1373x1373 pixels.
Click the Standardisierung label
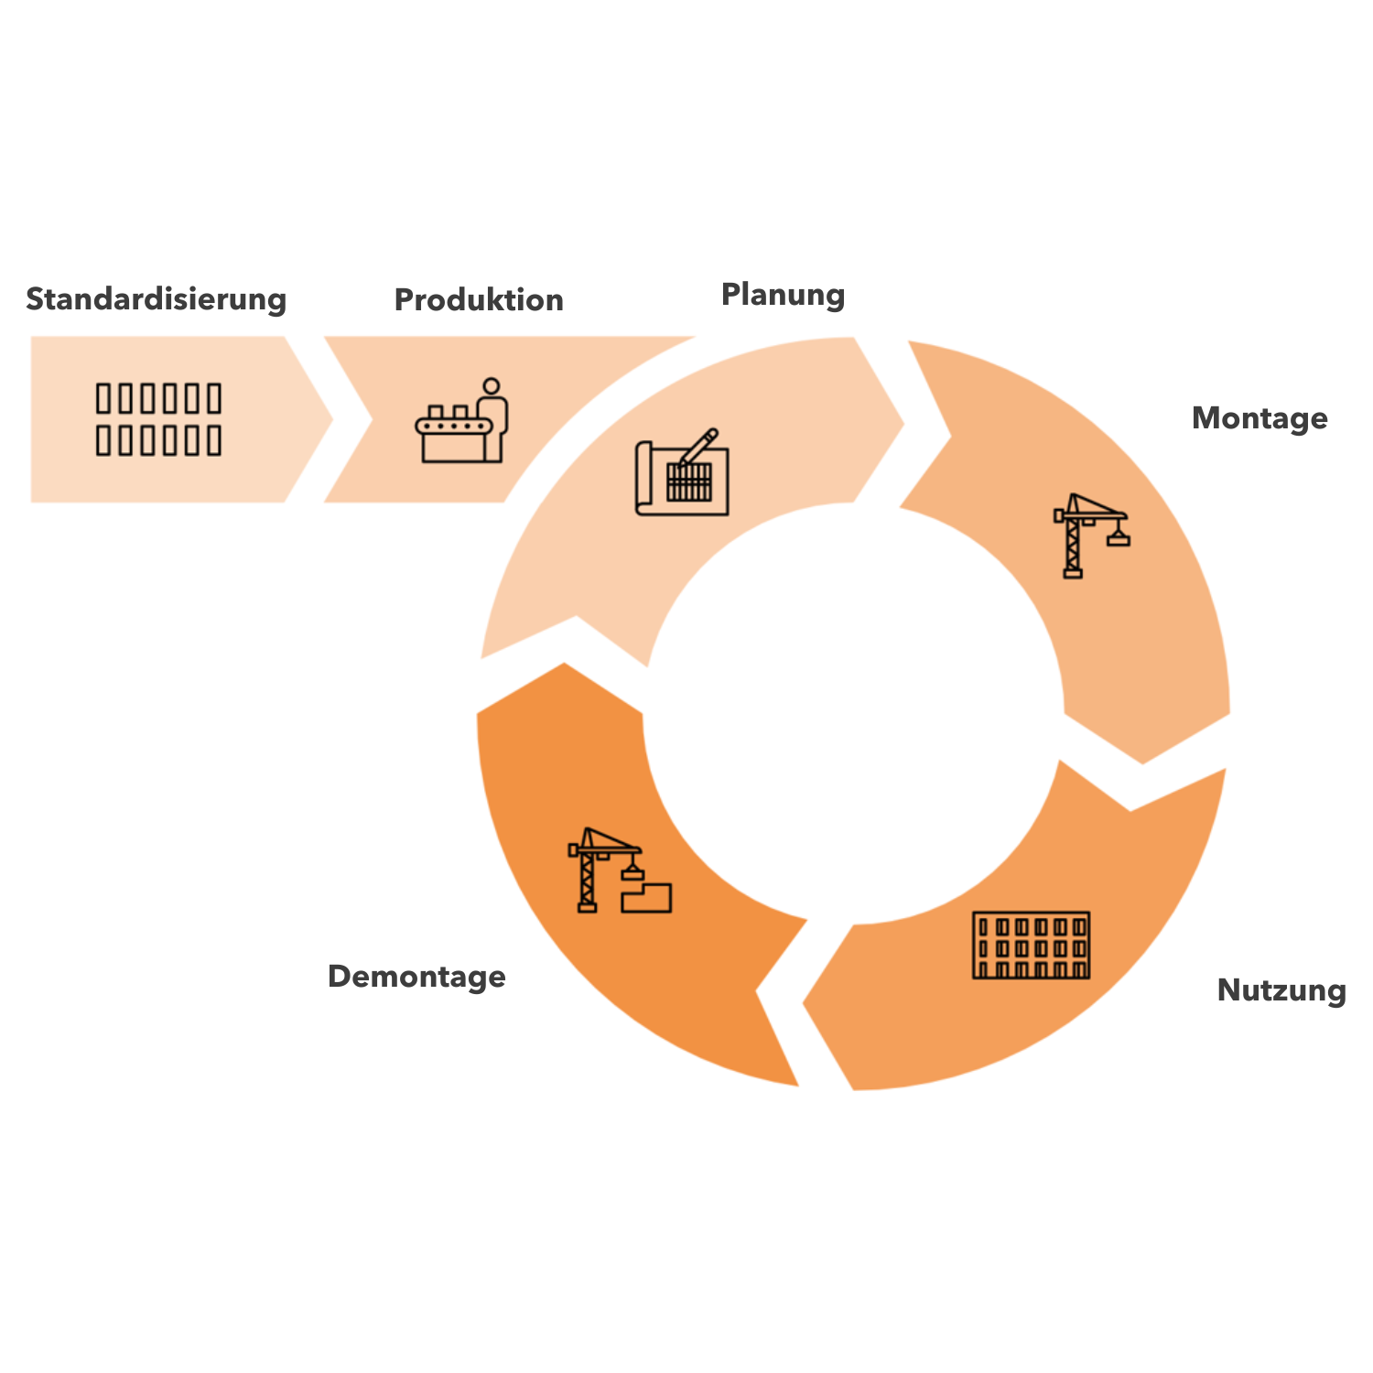[157, 299]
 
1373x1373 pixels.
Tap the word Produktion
[479, 299]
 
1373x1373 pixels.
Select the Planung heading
[783, 295]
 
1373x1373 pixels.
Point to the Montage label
[1259, 418]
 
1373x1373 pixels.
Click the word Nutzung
[1281, 990]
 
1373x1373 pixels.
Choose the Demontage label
[416, 976]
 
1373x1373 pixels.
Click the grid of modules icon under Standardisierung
[158, 420]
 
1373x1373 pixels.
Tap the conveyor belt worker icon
[461, 420]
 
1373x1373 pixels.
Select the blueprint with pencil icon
[682, 471]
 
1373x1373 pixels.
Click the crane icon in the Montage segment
[1091, 535]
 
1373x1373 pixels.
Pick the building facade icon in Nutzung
[1031, 945]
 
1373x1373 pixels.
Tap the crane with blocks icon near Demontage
[620, 870]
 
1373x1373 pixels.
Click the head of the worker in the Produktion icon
[492, 386]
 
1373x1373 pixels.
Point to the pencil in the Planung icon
[698, 447]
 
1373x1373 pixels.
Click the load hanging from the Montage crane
[1118, 538]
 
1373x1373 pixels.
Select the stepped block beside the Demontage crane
[646, 897]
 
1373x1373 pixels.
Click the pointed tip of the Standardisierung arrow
[332, 420]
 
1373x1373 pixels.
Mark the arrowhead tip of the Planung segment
[904, 424]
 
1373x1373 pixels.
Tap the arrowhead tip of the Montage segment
[1143, 763]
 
